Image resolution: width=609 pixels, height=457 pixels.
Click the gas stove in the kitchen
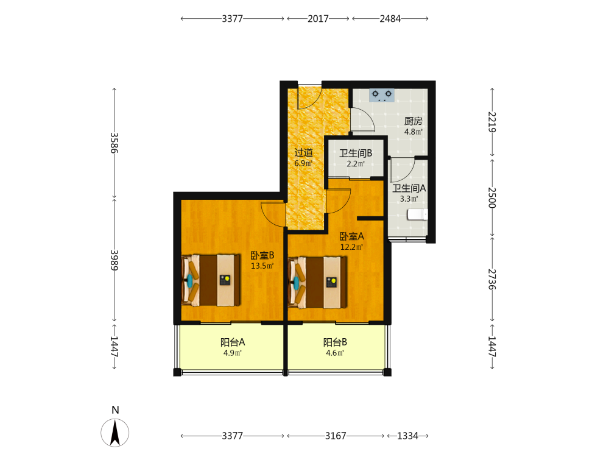[382, 95]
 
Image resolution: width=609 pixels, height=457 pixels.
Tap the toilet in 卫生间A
[418, 214]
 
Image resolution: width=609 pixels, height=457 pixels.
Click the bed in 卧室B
[211, 280]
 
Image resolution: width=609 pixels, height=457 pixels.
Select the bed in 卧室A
[318, 282]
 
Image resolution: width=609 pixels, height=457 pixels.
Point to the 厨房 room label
[414, 121]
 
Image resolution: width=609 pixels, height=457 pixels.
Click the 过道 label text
[303, 153]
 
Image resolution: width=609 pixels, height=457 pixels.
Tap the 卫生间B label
[356, 153]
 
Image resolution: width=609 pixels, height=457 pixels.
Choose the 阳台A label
[233, 342]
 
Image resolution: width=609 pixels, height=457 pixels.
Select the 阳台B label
[335, 342]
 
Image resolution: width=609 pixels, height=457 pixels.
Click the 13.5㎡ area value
[262, 266]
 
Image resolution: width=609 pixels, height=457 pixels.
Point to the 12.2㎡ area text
[351, 247]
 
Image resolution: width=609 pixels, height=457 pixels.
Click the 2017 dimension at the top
[318, 19]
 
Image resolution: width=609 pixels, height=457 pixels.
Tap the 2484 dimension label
[390, 19]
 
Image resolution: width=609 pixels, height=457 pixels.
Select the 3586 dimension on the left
[114, 143]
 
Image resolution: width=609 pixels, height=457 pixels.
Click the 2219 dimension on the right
[491, 122]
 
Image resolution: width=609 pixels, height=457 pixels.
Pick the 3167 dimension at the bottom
[336, 436]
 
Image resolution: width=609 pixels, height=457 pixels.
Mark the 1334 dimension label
[408, 436]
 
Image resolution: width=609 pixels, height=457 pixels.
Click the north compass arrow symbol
[115, 433]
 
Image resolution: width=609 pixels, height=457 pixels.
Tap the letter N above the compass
[115, 410]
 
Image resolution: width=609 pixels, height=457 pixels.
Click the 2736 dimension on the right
[491, 280]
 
